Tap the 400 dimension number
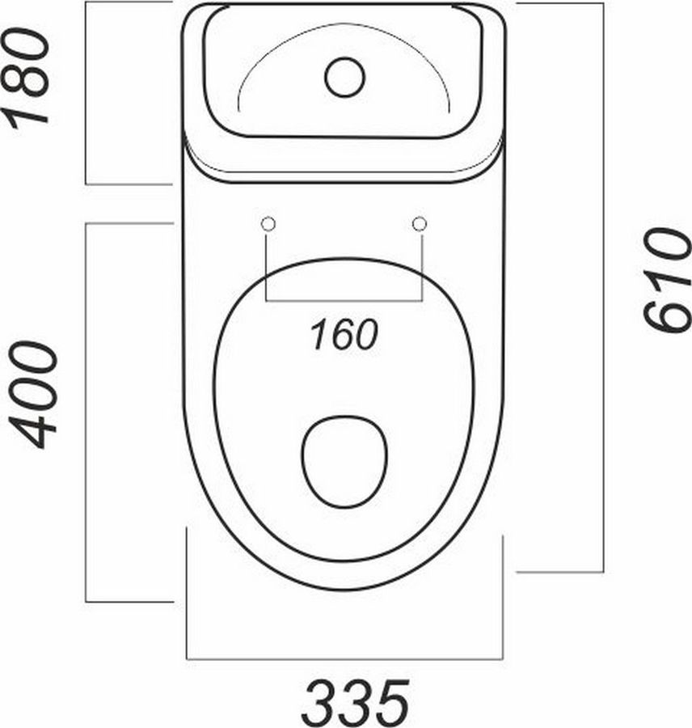tap(33, 395)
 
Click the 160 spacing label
tap(344, 335)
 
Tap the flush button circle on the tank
tap(345, 77)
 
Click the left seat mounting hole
tap(268, 224)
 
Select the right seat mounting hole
tap(420, 224)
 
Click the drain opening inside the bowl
tap(344, 462)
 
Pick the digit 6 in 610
tap(666, 315)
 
